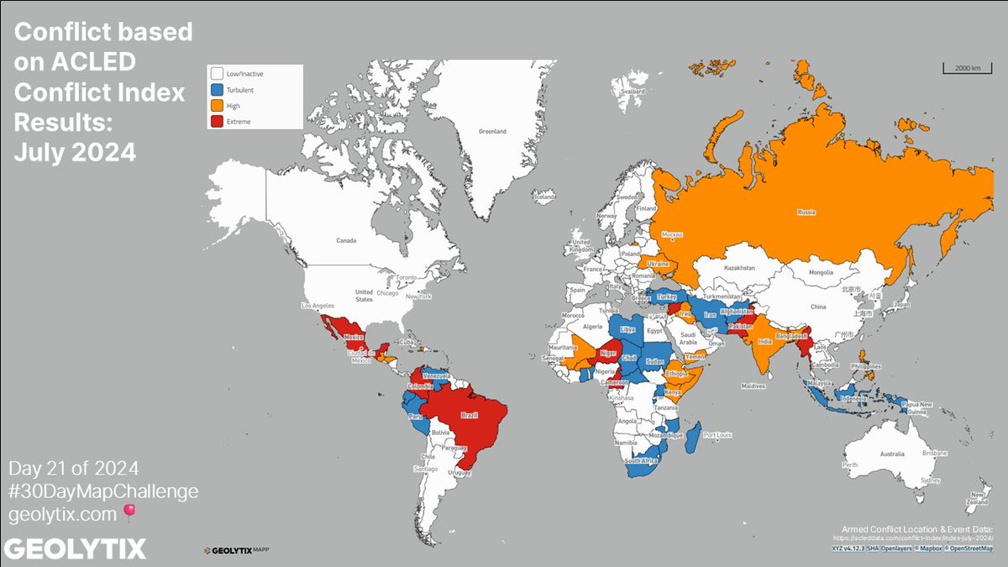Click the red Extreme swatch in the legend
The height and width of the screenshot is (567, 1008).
[x=218, y=121]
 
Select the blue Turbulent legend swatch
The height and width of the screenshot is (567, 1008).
[x=218, y=89]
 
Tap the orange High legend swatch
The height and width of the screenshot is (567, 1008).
[x=218, y=105]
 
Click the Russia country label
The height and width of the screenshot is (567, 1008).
[x=806, y=213]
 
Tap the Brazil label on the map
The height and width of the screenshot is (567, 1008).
[x=469, y=415]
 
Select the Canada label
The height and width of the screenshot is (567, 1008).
[x=347, y=240]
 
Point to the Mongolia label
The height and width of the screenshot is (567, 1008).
[x=821, y=272]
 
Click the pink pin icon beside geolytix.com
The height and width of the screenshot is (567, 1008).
[x=129, y=511]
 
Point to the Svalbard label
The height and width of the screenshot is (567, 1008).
[x=633, y=91]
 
